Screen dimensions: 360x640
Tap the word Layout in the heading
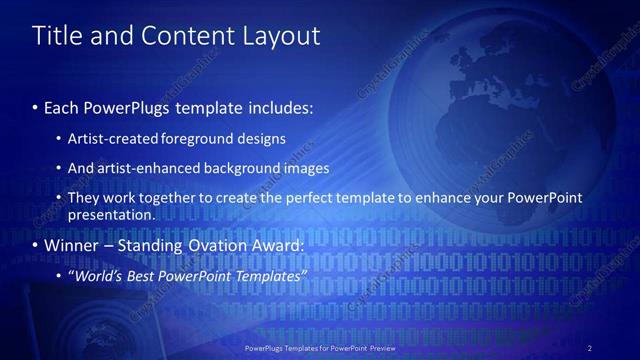(279, 36)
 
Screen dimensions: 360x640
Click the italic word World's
(100, 276)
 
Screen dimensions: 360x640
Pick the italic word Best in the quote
(148, 276)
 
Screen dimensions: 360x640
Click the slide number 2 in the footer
(590, 348)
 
